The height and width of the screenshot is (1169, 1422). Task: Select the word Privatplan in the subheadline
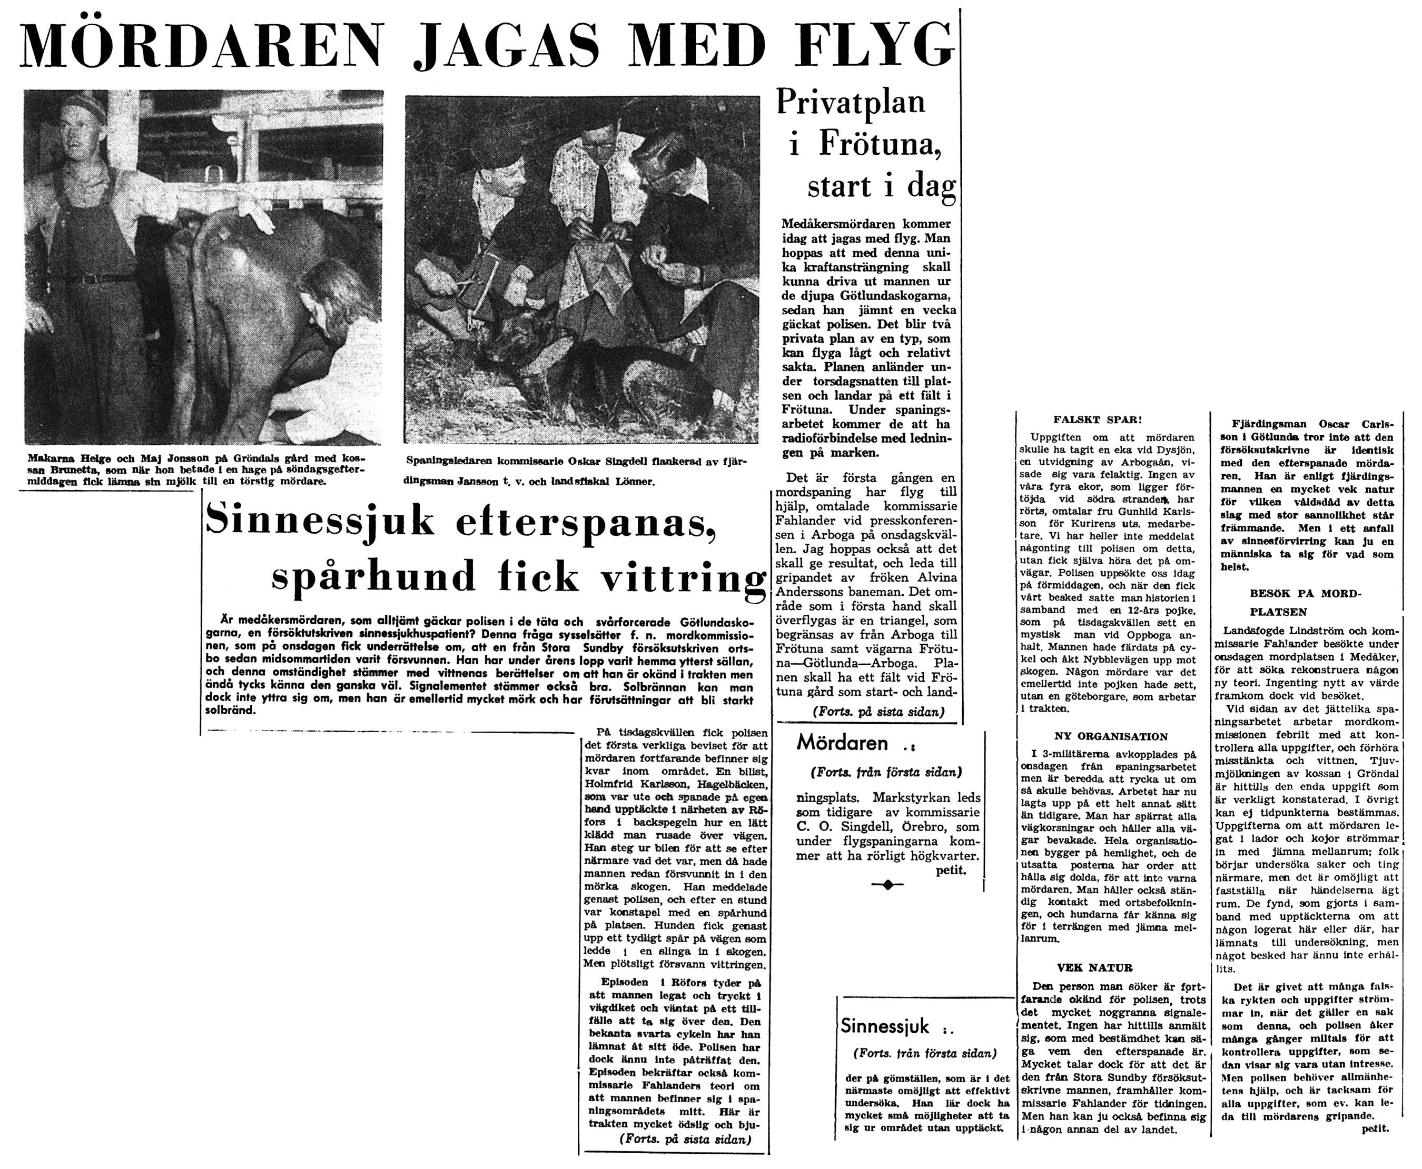click(851, 102)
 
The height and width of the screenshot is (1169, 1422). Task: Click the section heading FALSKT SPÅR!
click(1098, 419)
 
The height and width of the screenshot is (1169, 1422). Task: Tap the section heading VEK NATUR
click(1084, 967)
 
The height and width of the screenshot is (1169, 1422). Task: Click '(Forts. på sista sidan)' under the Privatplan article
click(878, 711)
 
